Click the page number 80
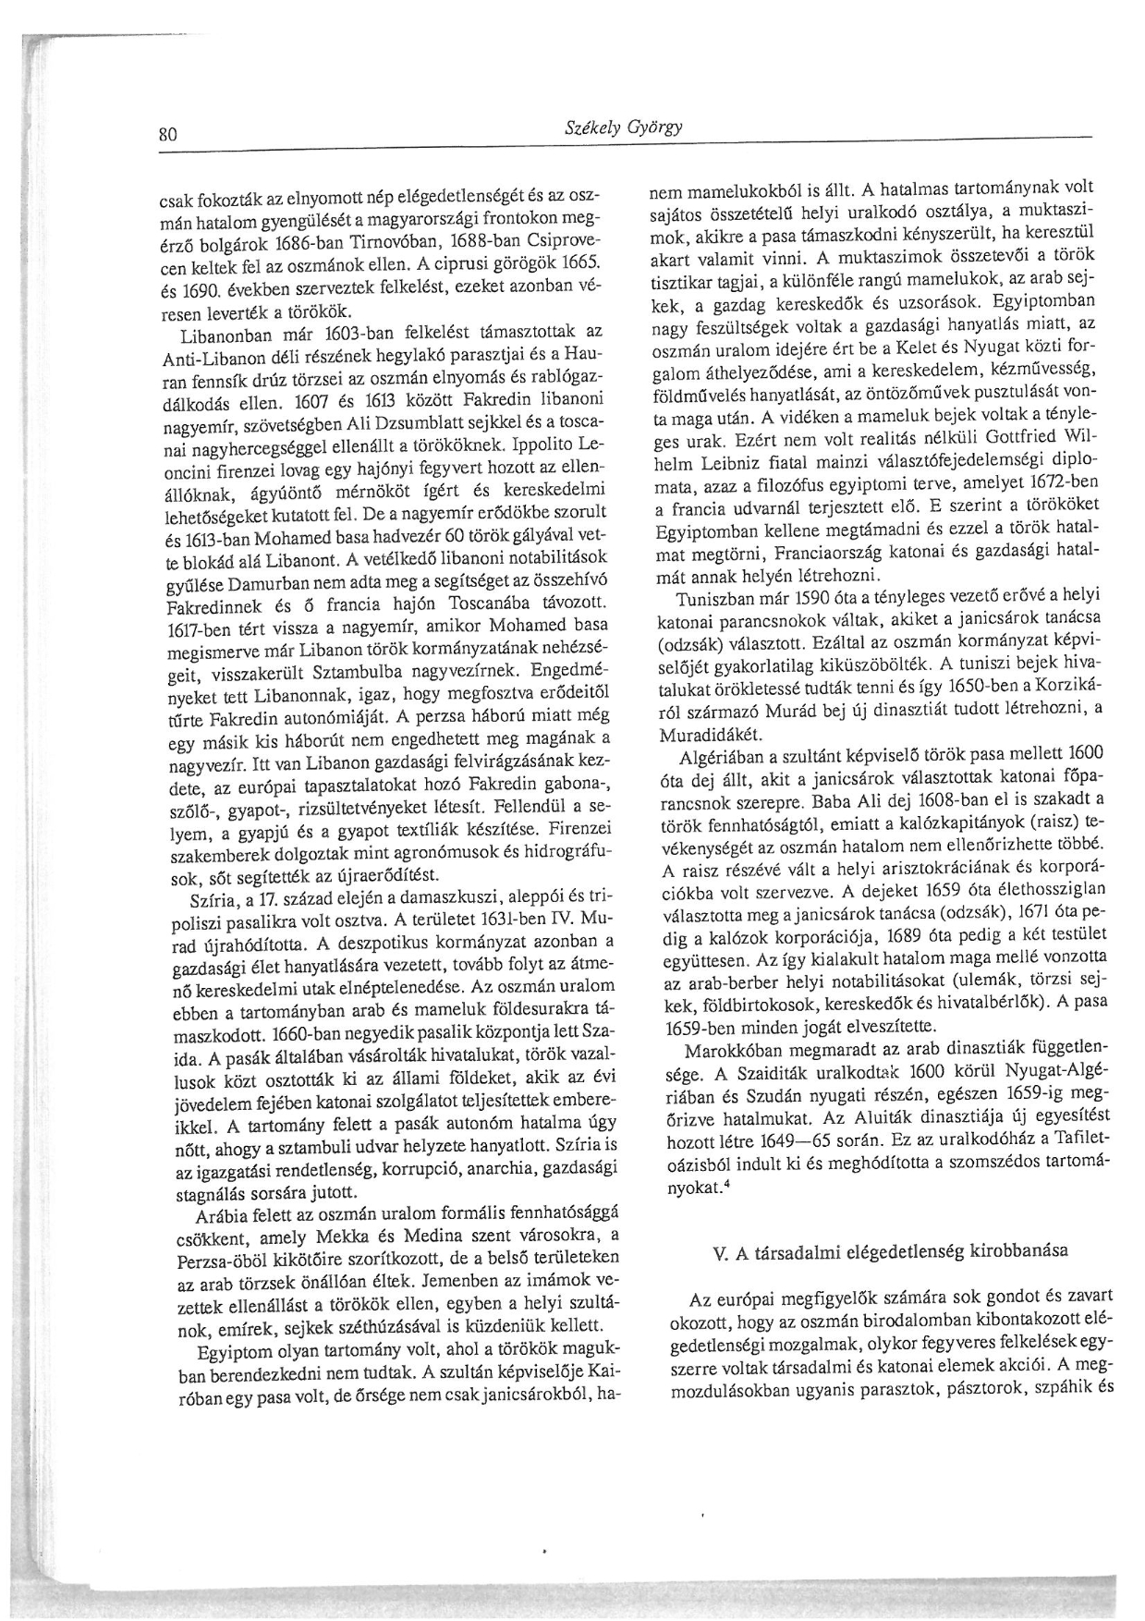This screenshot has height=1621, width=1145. pos(166,133)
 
